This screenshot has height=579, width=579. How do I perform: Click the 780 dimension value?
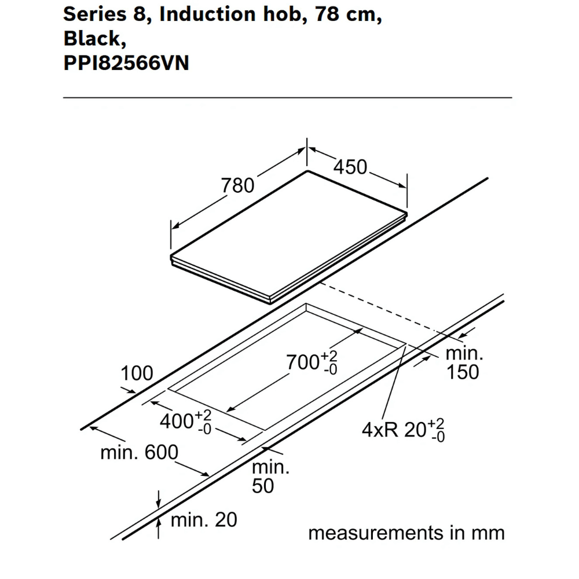point(237,185)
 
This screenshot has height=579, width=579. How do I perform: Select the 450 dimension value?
point(350,167)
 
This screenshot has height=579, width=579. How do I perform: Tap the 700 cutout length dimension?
point(312,363)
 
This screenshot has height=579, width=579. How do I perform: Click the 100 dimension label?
point(137,374)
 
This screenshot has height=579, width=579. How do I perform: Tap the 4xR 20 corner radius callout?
point(403,430)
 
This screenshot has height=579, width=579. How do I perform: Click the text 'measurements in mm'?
point(406,533)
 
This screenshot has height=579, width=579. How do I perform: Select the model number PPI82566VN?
point(126,62)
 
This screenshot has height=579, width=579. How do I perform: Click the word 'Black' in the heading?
point(91,38)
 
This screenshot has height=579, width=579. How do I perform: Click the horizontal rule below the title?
point(287,98)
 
